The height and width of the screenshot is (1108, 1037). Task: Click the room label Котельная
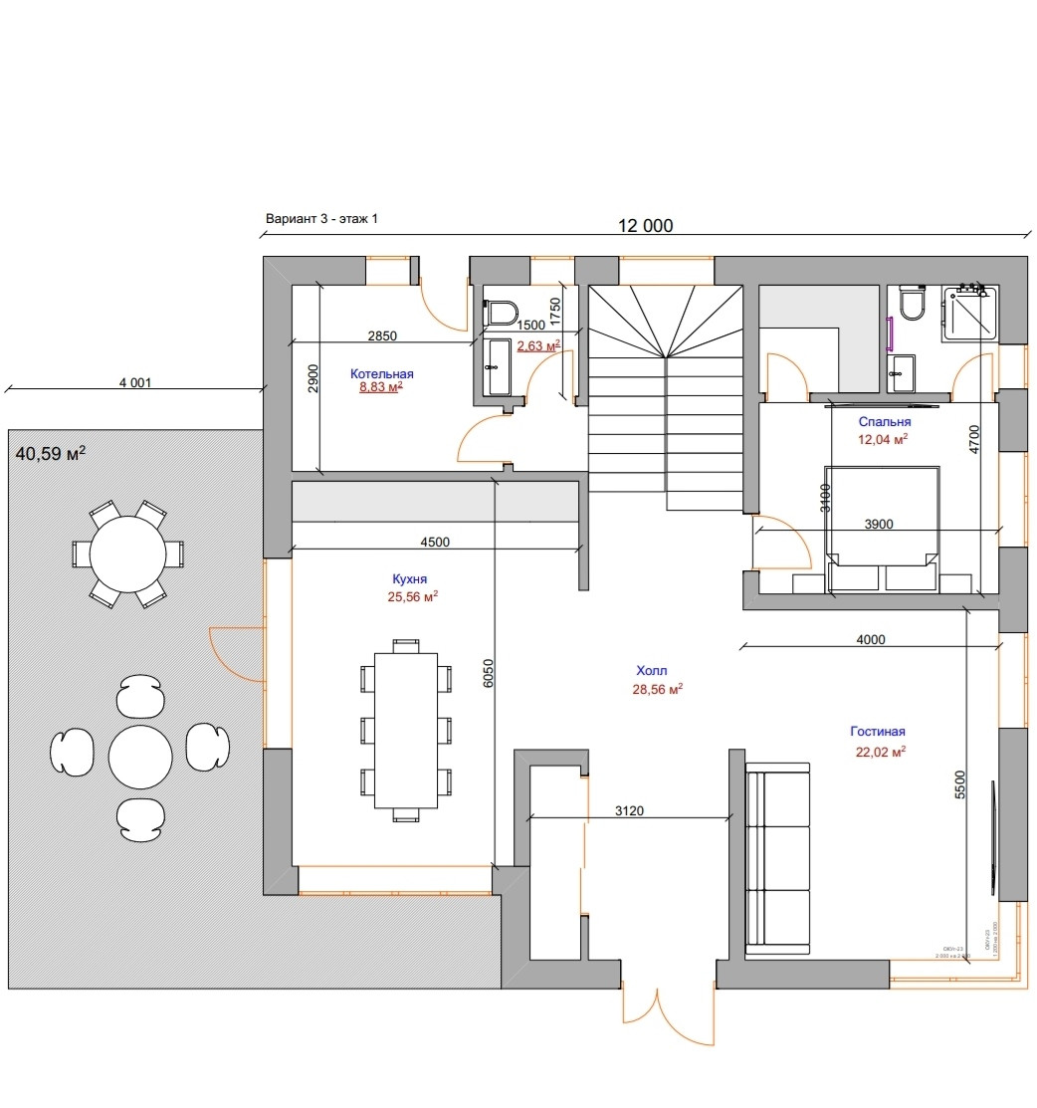click(x=381, y=373)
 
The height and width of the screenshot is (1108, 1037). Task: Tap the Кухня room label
click(x=409, y=578)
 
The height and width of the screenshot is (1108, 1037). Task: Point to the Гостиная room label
click(x=877, y=732)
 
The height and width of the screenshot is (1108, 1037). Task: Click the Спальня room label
click(x=885, y=421)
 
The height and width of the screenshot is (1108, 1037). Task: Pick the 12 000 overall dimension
click(x=645, y=226)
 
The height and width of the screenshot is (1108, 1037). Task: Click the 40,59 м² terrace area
click(x=51, y=454)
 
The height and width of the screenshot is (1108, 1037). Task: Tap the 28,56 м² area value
click(x=656, y=689)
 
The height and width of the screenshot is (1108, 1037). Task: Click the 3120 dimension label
click(x=629, y=809)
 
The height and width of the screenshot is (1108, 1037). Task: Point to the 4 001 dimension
click(x=134, y=381)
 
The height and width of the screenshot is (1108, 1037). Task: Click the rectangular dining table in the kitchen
click(x=405, y=732)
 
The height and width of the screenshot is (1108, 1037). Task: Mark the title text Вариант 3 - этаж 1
click(x=321, y=218)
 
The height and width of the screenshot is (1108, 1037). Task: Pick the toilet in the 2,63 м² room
click(x=503, y=313)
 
